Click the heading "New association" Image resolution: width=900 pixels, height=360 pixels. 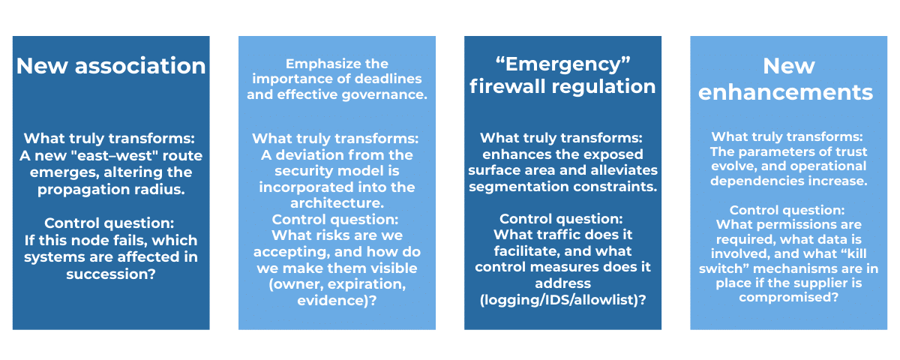(111, 66)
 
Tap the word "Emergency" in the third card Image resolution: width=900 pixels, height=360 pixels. (563, 64)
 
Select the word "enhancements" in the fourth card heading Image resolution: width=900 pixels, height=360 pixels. (785, 93)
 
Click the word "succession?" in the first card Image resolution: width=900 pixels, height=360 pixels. (111, 274)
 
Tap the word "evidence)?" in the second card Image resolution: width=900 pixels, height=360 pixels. (337, 301)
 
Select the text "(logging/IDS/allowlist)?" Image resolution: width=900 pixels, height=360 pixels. (562, 300)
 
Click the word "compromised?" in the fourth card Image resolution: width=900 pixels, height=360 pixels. (788, 297)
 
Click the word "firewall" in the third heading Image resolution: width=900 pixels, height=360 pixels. (503, 86)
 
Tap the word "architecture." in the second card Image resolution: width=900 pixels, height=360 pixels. (337, 203)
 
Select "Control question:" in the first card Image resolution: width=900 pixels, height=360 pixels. (109, 223)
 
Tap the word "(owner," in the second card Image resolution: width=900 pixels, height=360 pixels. (295, 284)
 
